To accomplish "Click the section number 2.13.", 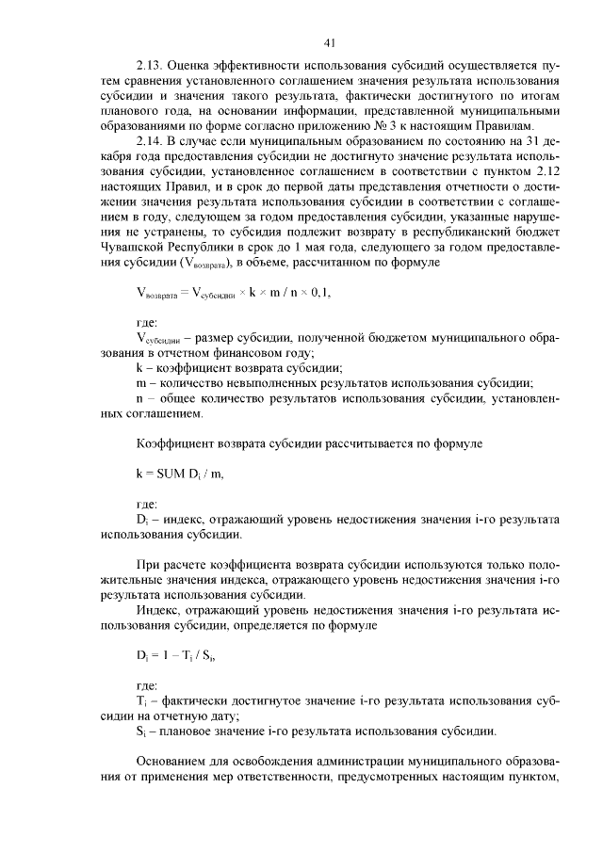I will click(x=151, y=66).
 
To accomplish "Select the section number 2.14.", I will click(x=151, y=141).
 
